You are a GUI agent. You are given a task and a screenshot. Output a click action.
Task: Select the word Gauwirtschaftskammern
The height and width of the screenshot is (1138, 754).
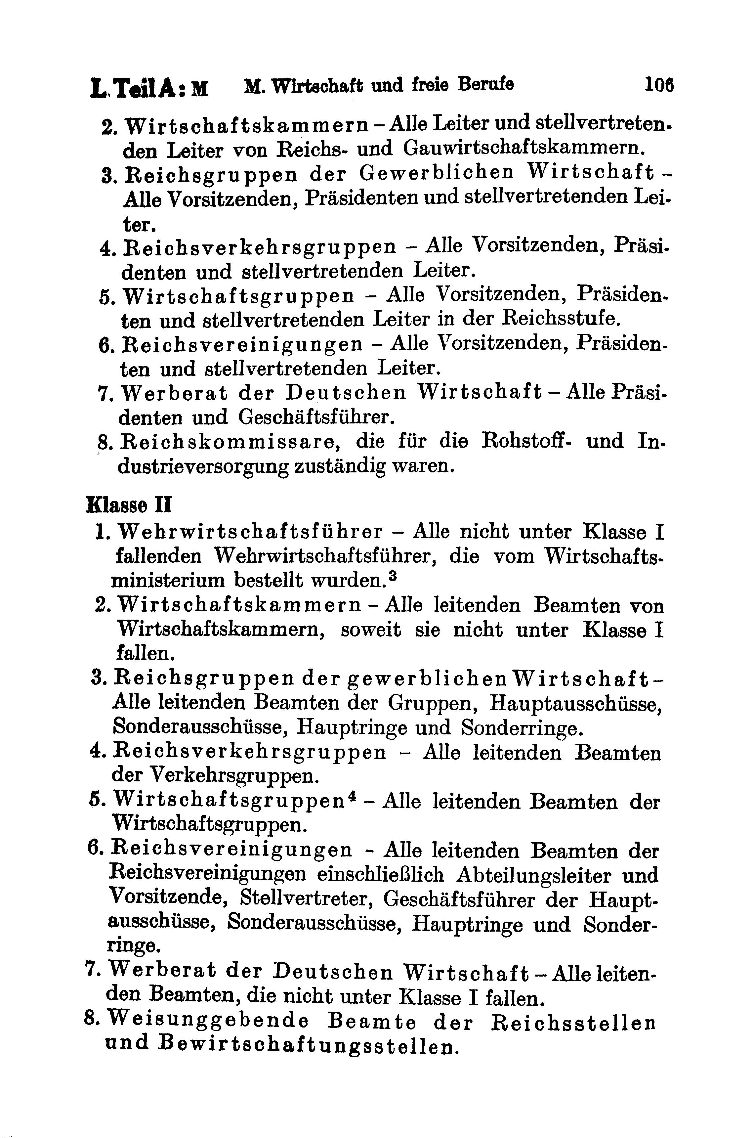point(523,148)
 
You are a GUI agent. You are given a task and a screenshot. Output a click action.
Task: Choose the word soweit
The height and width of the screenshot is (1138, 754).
point(371,630)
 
